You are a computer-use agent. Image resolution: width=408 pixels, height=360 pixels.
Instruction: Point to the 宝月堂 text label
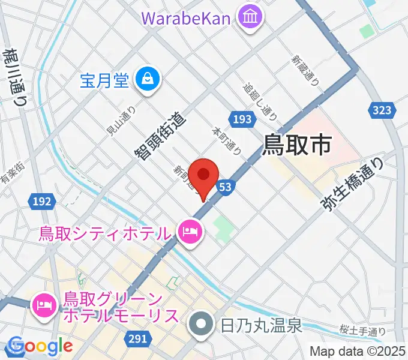[104, 80]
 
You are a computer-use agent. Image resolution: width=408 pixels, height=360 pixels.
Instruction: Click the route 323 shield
[381, 110]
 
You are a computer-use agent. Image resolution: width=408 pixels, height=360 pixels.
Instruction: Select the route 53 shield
[225, 188]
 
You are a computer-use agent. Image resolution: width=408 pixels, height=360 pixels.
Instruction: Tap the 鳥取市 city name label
[298, 144]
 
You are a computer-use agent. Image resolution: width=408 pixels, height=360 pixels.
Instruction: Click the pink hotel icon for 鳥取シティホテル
[190, 232]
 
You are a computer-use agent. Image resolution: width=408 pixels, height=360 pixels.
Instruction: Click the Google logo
[40, 346]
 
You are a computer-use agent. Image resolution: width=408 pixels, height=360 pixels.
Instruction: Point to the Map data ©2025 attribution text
[357, 352]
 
